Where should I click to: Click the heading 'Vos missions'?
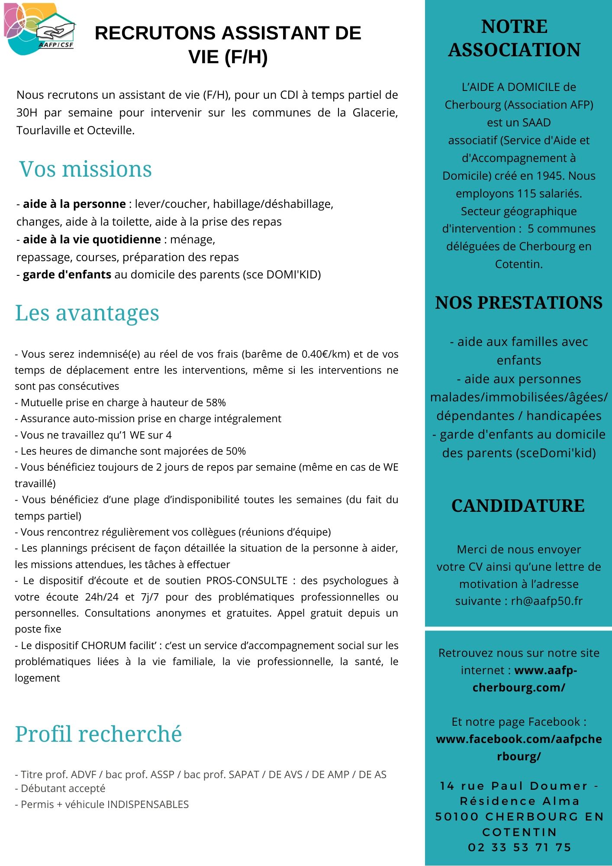(x=85, y=169)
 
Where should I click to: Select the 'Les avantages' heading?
(x=87, y=313)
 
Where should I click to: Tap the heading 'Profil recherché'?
(x=98, y=734)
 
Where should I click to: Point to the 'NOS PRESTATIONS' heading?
(x=519, y=303)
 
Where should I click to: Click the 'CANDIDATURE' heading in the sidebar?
(x=518, y=506)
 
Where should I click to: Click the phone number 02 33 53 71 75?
(x=519, y=847)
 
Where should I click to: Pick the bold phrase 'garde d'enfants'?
(x=67, y=275)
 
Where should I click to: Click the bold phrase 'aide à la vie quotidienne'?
(x=92, y=239)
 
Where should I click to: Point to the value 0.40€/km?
(x=325, y=354)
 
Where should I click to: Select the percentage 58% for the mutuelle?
(x=216, y=403)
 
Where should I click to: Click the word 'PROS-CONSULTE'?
(x=247, y=581)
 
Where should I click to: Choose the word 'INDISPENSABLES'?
(x=148, y=805)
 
